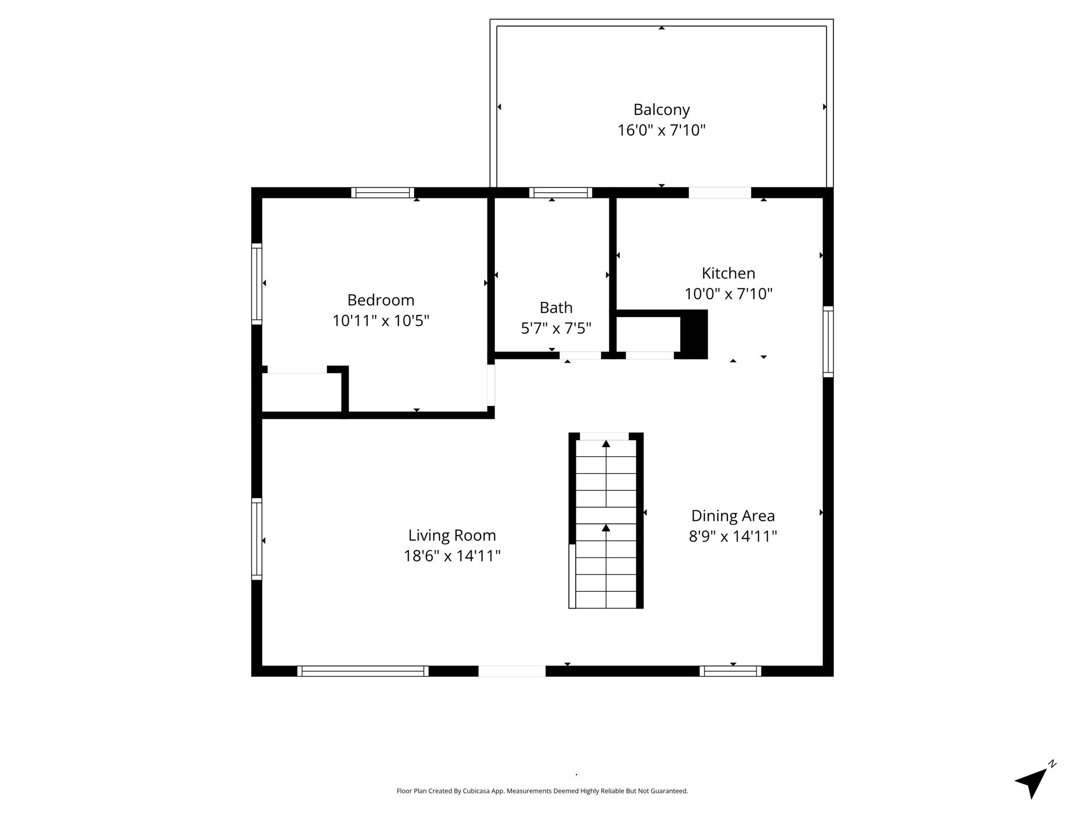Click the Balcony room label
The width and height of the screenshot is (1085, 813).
[x=661, y=110]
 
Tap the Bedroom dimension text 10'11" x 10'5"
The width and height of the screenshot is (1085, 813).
[x=380, y=321]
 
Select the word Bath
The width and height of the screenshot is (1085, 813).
[x=556, y=308]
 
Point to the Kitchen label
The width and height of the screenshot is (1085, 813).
[x=728, y=273]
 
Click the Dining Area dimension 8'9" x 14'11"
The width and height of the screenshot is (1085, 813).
[x=733, y=536]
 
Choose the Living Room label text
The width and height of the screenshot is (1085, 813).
[x=452, y=536]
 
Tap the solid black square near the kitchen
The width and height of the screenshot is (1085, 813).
[x=694, y=335]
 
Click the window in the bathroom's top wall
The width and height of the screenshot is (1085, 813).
[x=561, y=193]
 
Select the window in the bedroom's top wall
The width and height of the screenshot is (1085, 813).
[x=383, y=193]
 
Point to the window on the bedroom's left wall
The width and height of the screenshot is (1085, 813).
[x=256, y=284]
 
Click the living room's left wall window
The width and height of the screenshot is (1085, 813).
[x=256, y=539]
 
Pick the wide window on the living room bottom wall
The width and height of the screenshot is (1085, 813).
[x=363, y=671]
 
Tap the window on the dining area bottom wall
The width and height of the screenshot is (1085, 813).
[x=730, y=671]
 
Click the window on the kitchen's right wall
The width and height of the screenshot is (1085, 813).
[x=828, y=341]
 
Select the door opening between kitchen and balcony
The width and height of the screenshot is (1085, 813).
[x=719, y=193]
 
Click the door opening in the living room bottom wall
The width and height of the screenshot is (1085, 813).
[x=512, y=671]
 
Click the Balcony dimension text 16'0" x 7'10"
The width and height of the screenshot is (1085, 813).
[x=661, y=130]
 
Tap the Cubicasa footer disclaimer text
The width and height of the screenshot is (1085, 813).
[x=542, y=791]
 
